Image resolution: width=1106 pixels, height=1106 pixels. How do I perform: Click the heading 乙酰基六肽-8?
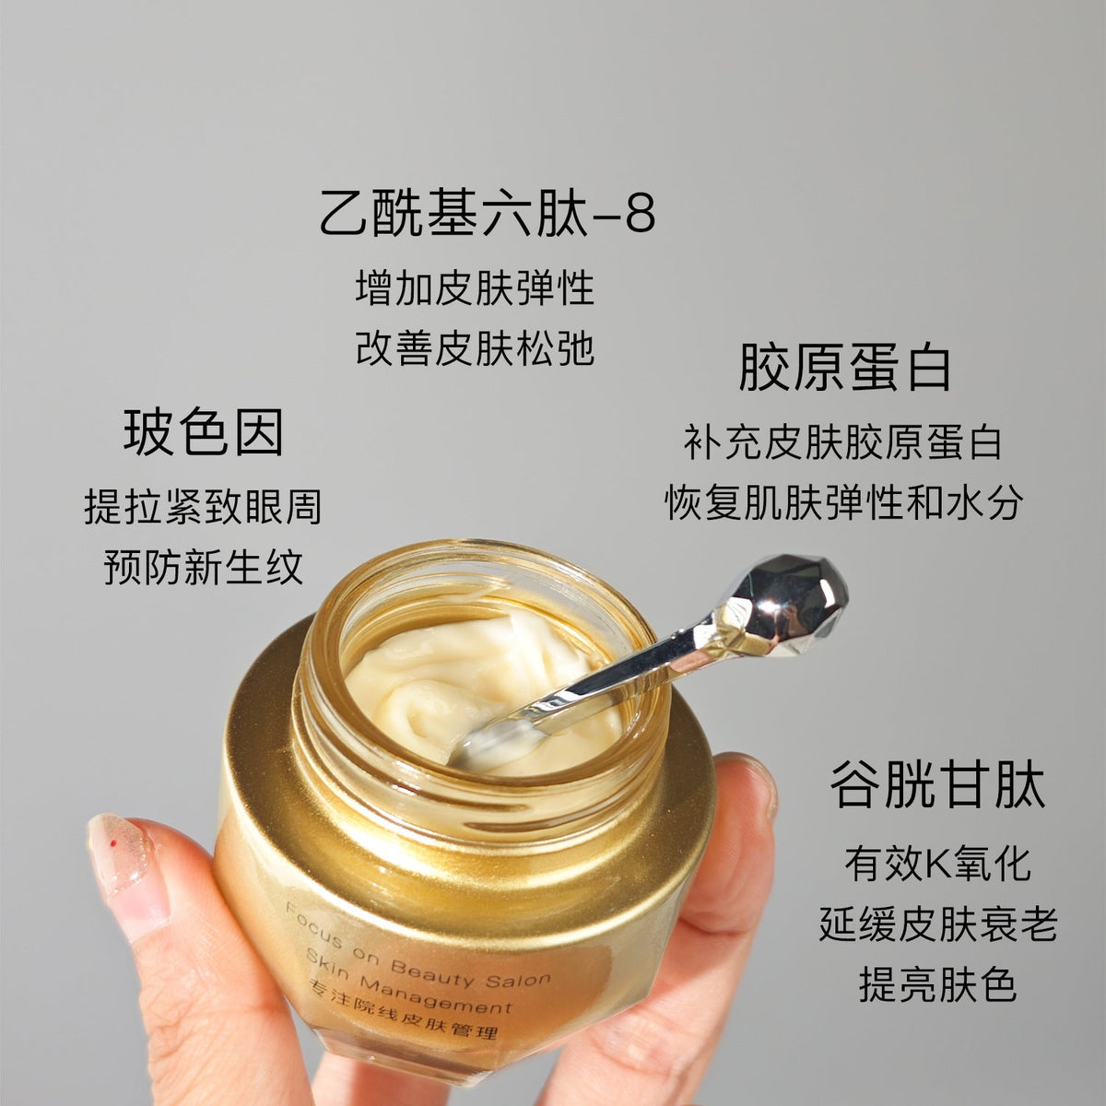click(x=488, y=214)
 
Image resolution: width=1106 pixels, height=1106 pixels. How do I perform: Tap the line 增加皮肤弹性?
click(x=475, y=288)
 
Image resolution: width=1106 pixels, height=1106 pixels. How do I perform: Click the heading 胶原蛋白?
click(x=844, y=369)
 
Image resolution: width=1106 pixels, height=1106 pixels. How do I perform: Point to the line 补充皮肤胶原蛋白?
click(x=842, y=442)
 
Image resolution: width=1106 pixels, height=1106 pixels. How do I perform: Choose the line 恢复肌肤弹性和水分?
click(x=843, y=502)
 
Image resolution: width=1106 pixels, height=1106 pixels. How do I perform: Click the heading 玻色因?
click(x=203, y=432)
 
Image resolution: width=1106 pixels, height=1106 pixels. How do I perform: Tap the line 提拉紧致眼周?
click(x=203, y=507)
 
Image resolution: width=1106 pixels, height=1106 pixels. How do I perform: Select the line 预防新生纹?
click(x=203, y=567)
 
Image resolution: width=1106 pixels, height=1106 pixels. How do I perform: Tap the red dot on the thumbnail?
click(x=113, y=843)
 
